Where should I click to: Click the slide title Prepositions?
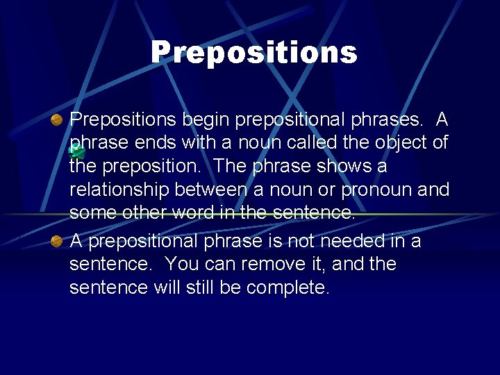(x=254, y=52)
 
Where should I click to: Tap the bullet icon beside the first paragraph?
(x=58, y=121)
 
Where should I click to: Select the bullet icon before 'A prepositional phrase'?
(x=58, y=242)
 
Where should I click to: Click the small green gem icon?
(x=78, y=151)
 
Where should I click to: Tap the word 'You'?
(x=182, y=265)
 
